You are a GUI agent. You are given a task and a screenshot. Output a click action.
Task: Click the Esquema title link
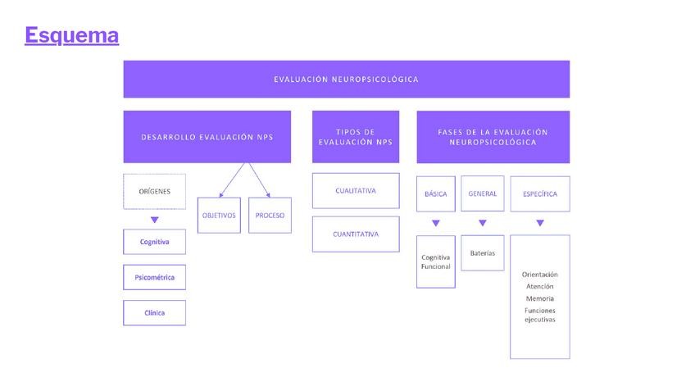coord(71,35)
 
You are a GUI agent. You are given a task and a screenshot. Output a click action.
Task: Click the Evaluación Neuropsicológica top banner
coord(346,80)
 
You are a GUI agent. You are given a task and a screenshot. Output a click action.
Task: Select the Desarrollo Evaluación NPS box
coord(207,137)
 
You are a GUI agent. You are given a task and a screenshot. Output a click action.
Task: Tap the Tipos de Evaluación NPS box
coord(355,137)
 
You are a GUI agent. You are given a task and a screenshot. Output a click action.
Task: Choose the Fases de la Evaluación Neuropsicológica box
coord(493,137)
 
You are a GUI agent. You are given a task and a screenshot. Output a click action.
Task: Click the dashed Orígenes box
coord(154,192)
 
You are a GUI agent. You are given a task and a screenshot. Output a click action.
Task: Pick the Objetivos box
coord(219,216)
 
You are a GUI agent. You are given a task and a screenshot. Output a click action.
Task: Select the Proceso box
coord(270,216)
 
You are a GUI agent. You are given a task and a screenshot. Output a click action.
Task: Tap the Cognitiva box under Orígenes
coord(154,242)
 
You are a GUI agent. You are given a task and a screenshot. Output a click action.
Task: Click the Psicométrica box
coord(154,277)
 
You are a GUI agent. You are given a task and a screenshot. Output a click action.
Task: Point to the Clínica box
coord(154,312)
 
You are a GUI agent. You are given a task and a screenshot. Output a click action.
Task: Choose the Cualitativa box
coord(355,191)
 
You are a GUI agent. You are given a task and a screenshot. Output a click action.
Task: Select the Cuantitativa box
coord(355,234)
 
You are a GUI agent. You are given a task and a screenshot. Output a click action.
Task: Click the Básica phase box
coord(435,194)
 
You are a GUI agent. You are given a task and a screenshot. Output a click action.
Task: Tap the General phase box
coord(482,194)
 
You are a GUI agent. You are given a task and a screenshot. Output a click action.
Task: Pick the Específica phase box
coord(539,194)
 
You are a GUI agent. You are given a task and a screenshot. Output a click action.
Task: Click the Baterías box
coord(482,253)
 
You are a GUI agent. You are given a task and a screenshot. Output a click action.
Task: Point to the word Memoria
coord(539,298)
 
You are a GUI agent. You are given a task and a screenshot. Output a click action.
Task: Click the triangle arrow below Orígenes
coord(154,221)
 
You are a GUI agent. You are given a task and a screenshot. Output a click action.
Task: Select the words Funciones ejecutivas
coord(539,315)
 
